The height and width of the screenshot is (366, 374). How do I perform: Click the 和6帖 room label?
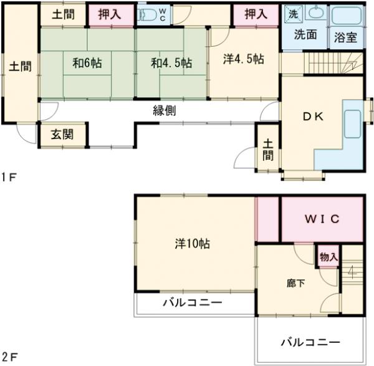point(87,62)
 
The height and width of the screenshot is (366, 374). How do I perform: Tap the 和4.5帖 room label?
point(170,62)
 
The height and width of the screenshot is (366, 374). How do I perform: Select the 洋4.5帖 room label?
point(244,59)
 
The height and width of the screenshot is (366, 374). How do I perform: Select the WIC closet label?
point(322,218)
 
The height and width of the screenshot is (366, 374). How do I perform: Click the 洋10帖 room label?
point(192,244)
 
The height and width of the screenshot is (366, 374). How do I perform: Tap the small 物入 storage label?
point(328,257)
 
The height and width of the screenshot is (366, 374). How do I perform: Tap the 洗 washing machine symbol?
point(292,12)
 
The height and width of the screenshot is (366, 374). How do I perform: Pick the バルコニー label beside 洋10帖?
point(193,304)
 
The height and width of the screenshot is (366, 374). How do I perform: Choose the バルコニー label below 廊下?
point(310,342)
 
